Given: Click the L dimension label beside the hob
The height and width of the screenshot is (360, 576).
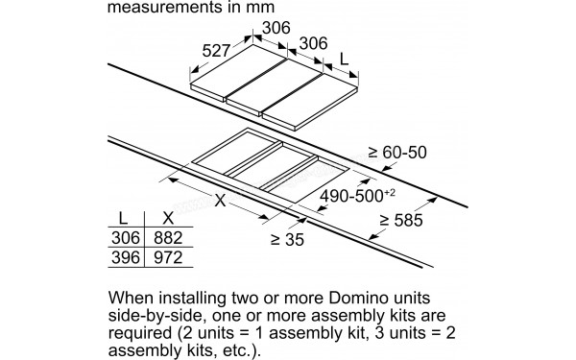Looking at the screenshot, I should click(344, 60).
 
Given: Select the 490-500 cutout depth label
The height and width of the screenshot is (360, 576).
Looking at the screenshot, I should click(354, 196).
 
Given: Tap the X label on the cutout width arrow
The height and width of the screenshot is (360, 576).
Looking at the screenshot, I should click(222, 201).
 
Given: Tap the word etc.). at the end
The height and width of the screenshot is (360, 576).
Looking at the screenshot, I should click(236, 353).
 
